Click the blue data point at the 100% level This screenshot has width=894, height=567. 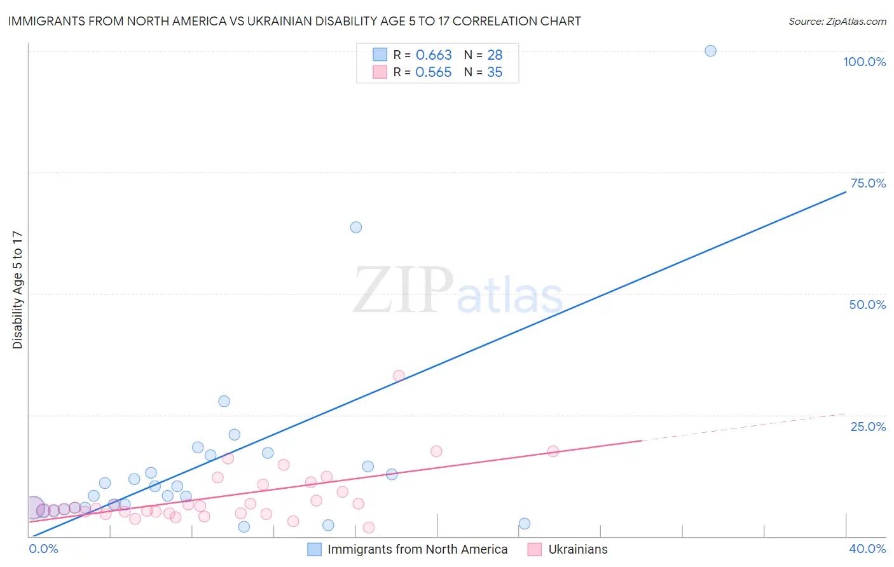click(x=710, y=51)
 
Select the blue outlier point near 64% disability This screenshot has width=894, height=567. click(x=356, y=228)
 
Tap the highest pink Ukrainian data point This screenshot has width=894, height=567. click(x=399, y=376)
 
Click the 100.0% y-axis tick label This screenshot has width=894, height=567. click(x=864, y=62)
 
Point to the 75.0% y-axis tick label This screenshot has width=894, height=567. click(x=868, y=183)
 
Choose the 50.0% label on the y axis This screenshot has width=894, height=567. click(x=867, y=304)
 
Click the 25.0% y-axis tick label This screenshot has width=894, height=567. click(x=868, y=427)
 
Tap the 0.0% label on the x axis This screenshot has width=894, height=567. click(x=43, y=549)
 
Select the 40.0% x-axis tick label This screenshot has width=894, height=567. click(x=867, y=549)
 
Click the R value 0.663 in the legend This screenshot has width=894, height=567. click(x=433, y=55)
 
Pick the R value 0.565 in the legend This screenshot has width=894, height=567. click(x=433, y=72)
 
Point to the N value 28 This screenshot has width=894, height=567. click(x=495, y=55)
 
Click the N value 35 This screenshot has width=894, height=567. click(x=495, y=72)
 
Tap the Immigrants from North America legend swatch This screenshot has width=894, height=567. click(x=314, y=549)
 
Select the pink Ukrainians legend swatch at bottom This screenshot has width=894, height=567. click(x=535, y=549)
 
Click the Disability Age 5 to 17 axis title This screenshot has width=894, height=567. click(x=18, y=290)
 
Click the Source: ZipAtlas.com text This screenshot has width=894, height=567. click(x=837, y=22)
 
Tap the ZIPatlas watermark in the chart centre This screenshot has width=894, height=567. click(x=458, y=290)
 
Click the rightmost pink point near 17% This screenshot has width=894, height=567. click(x=553, y=451)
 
